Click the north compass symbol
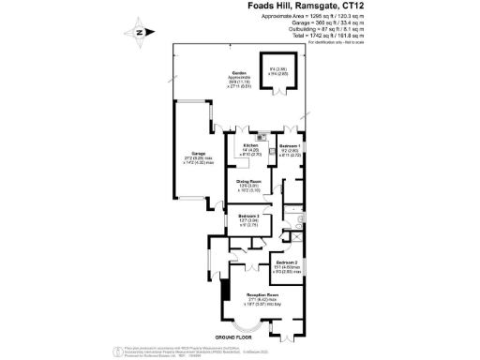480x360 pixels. coord(139,33)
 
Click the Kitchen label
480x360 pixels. coord(250,146)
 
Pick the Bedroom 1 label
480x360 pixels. coord(290,146)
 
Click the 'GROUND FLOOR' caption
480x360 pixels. coord(238,335)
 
